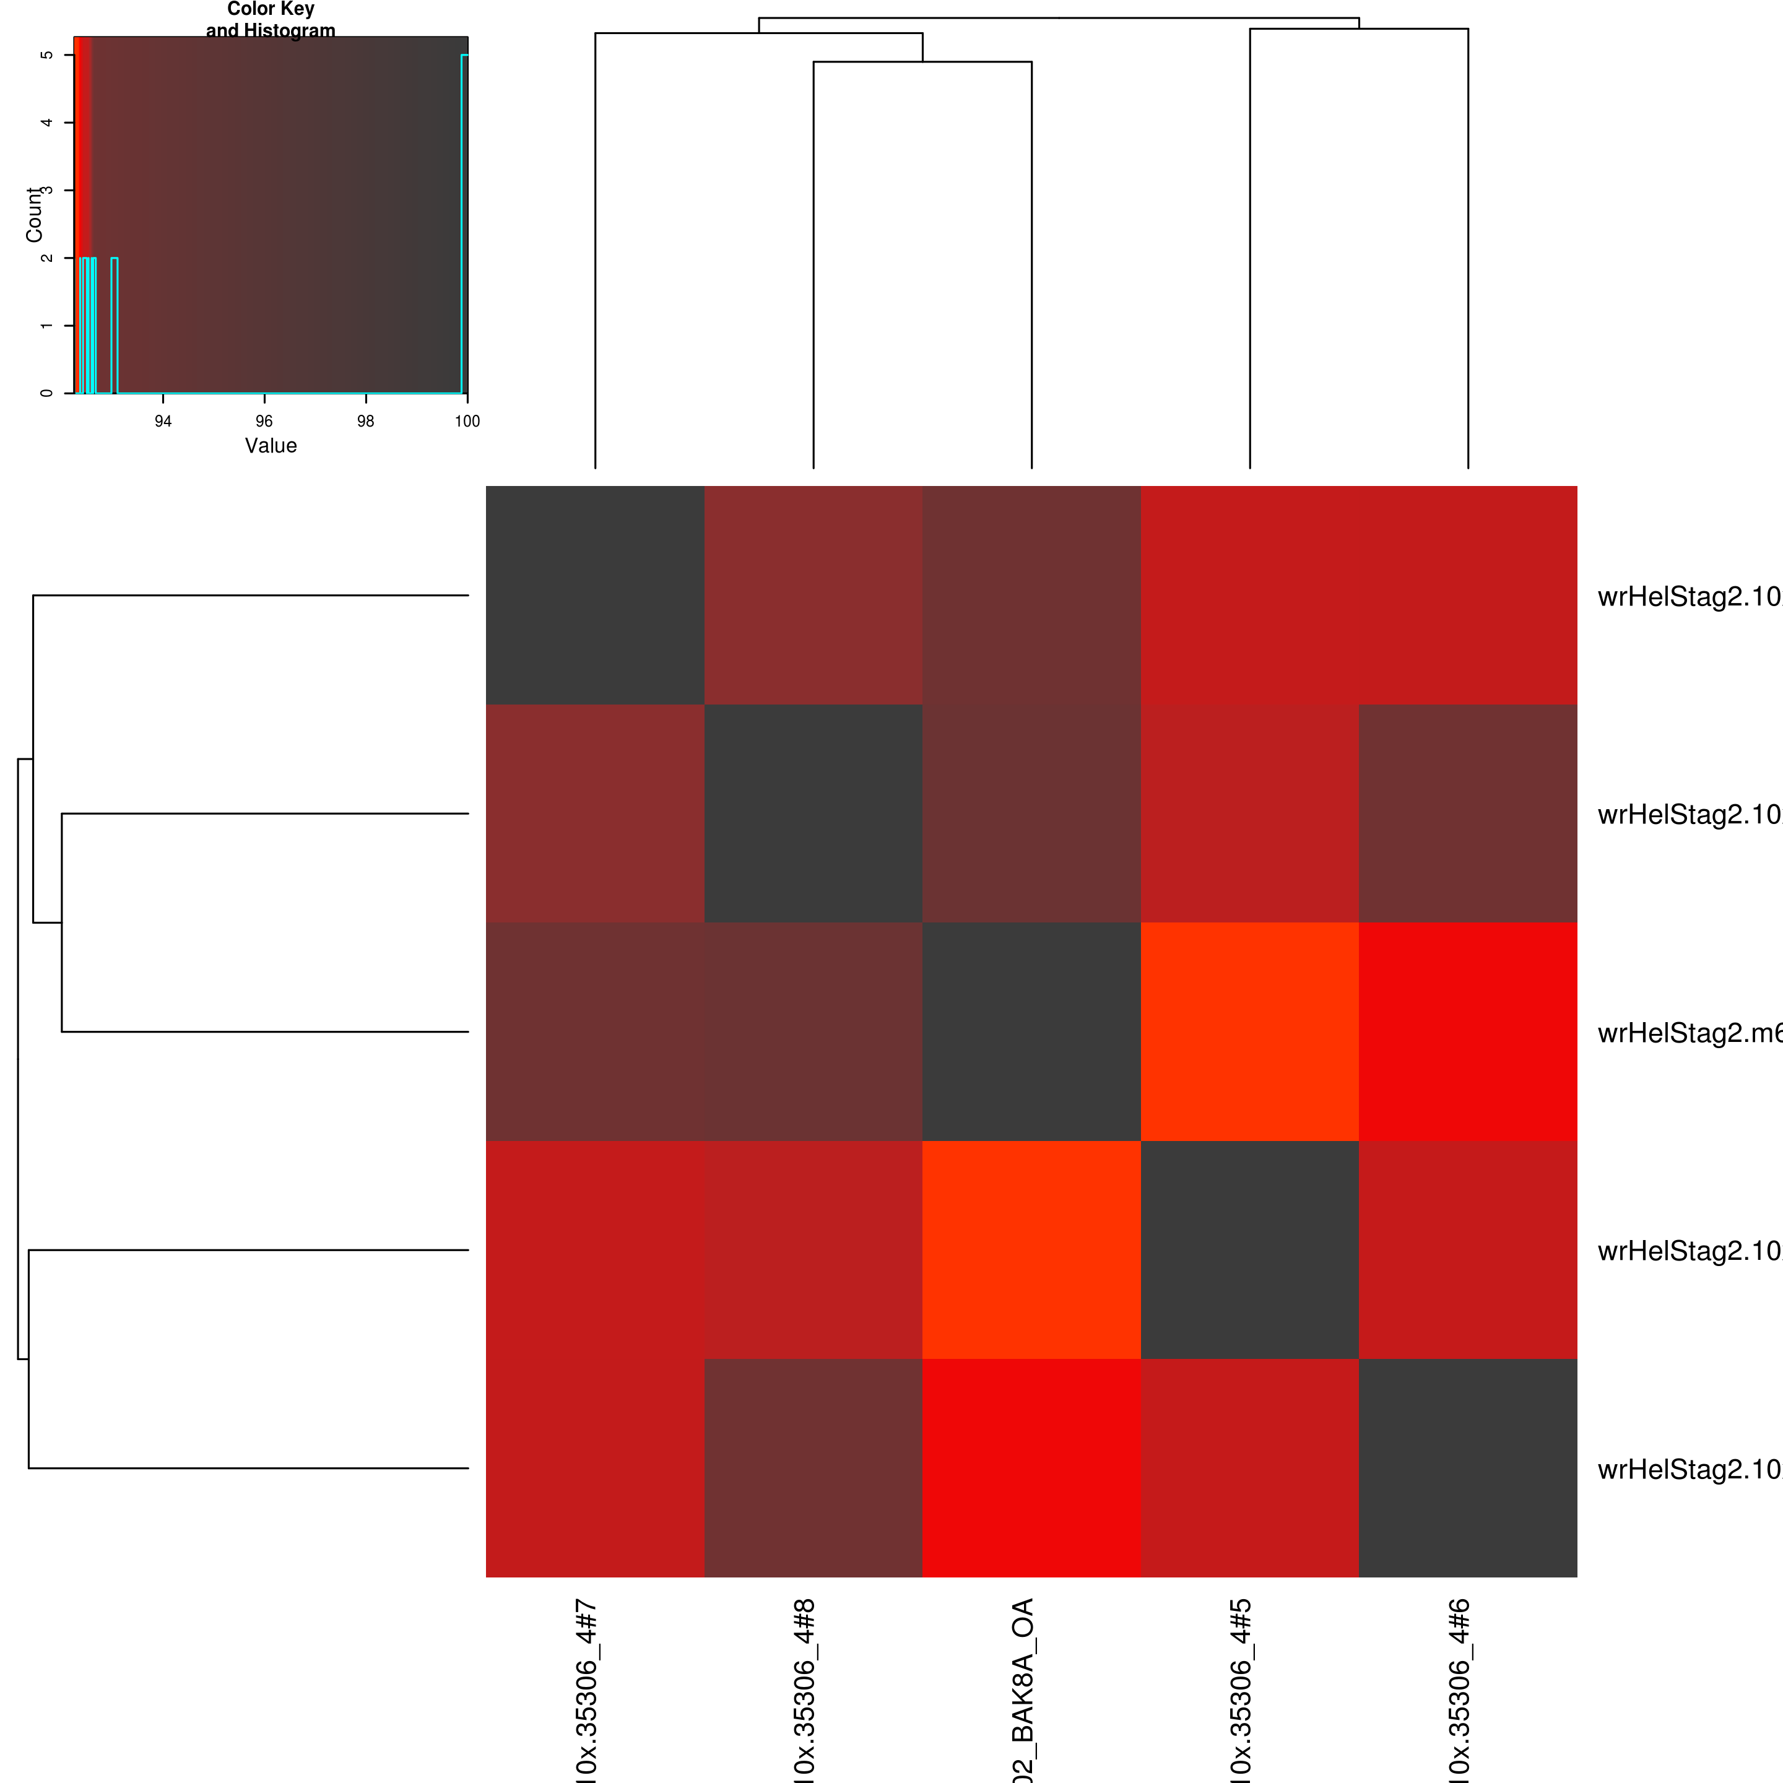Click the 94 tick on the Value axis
pos(163,421)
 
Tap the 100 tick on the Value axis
pos(467,421)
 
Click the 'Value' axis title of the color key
pos(271,446)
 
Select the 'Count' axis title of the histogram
pos(34,215)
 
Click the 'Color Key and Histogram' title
pos(271,19)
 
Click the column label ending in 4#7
pos(587,1689)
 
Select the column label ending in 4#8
pos(805,1689)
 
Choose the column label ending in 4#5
pos(1241,1689)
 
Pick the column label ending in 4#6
pos(1459,1689)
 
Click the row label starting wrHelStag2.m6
pos(1689,1033)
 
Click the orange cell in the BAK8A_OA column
pos(1032,1249)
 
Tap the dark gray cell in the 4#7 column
pos(595,595)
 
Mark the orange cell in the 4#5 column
pos(1249,1032)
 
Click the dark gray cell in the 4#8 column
pos(813,813)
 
